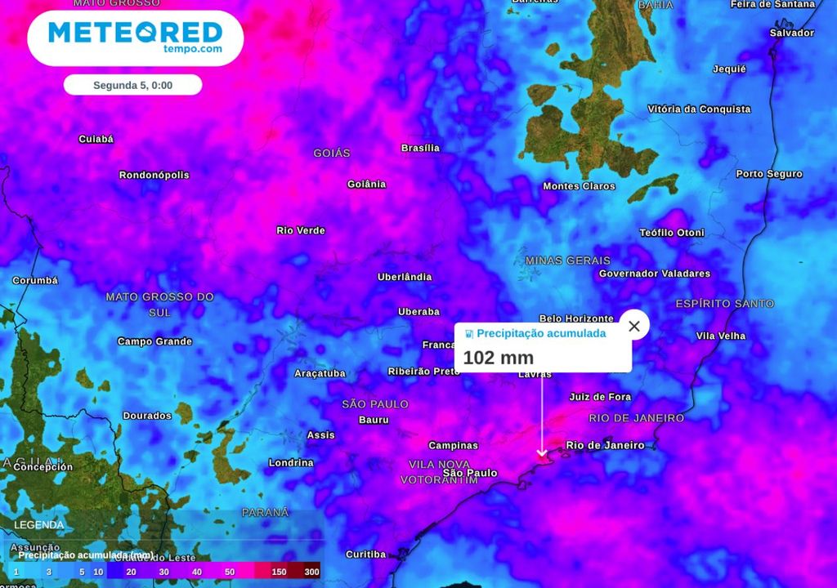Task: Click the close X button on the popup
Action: [x=634, y=326]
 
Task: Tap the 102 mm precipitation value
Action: [x=498, y=358]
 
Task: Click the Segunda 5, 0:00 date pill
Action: [x=132, y=85]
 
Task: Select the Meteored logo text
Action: [x=136, y=33]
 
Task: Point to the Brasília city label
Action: [x=420, y=148]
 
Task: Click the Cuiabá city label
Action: [x=96, y=139]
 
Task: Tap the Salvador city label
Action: [x=791, y=33]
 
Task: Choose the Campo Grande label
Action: [x=154, y=341]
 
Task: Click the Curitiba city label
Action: [x=365, y=555]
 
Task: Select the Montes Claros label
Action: [x=579, y=186]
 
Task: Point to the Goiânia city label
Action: [x=366, y=184]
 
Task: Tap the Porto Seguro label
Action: [x=768, y=174]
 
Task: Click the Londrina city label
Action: [x=291, y=463]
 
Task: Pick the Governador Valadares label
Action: [x=654, y=274]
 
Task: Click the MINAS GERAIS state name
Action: [x=568, y=261]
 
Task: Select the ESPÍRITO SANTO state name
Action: [x=724, y=304]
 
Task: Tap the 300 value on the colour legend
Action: [x=311, y=572]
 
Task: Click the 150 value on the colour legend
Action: [x=279, y=572]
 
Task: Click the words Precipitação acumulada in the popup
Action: [x=541, y=333]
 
